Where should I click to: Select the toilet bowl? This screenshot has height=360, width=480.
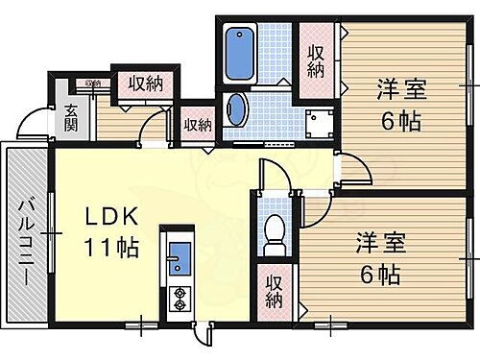click(275, 232)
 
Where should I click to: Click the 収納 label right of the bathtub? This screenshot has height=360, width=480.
click(316, 60)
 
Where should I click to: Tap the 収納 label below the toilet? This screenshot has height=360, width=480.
click(275, 292)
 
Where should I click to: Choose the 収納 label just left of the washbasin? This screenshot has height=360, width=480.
click(198, 124)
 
